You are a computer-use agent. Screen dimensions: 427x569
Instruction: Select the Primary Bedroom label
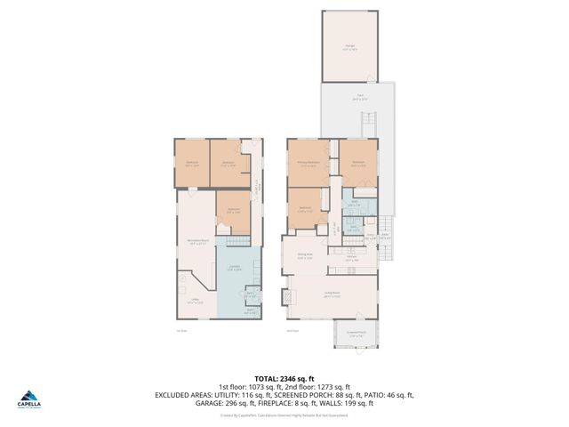coord(309,164)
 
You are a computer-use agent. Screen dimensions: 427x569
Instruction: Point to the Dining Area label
coord(304,257)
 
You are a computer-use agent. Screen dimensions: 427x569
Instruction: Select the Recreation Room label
coord(197,241)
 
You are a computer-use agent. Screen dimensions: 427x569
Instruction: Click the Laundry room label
coord(235,268)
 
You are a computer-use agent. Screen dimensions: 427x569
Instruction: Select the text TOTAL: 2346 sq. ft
coord(284,378)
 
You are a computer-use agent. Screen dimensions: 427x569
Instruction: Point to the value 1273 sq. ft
coord(341,386)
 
